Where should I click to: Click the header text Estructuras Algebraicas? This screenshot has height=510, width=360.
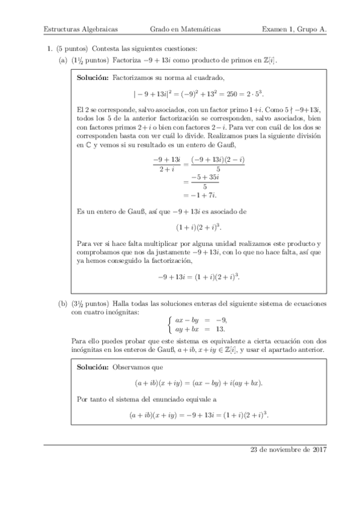click(81, 28)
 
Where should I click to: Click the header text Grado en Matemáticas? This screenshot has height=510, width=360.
click(185, 28)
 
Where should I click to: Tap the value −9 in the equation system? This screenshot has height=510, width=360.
click(222, 321)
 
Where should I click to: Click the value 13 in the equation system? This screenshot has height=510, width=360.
click(221, 330)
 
